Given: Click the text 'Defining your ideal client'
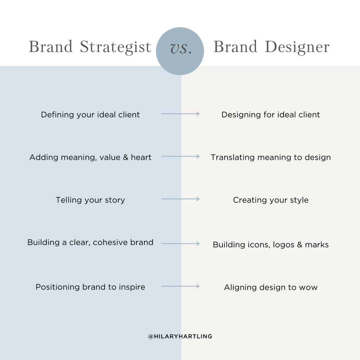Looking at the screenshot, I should pyautogui.click(x=90, y=115).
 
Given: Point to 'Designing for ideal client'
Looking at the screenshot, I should pyautogui.click(x=271, y=115).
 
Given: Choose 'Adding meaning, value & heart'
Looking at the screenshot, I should pyautogui.click(x=90, y=157).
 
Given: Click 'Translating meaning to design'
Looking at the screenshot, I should pyautogui.click(x=271, y=157).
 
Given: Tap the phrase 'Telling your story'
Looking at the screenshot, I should pyautogui.click(x=90, y=200).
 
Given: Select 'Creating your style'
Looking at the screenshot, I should pyautogui.click(x=271, y=200).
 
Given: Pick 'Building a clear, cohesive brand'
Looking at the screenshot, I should pyautogui.click(x=90, y=243).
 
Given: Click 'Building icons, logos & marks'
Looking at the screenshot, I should pyautogui.click(x=271, y=245).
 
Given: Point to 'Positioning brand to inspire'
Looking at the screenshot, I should pyautogui.click(x=90, y=287).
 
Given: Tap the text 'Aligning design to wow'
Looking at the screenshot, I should pyautogui.click(x=271, y=287).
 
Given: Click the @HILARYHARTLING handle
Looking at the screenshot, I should pyautogui.click(x=180, y=337).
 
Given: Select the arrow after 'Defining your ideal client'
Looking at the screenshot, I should pyautogui.click(x=180, y=114).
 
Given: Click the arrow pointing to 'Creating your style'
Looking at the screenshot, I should pyautogui.click(x=180, y=199).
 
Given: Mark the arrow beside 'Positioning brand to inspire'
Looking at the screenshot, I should pyautogui.click(x=180, y=286).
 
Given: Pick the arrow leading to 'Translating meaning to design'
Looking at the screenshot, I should pyautogui.click(x=180, y=156).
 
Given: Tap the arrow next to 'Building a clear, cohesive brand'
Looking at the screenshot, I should pyautogui.click(x=180, y=244).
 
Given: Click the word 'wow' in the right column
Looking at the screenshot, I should pyautogui.click(x=309, y=288).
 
